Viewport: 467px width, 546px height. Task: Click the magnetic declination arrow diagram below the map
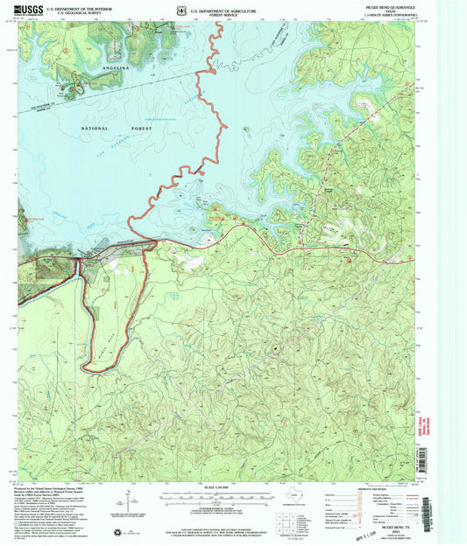tap(129, 506)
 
